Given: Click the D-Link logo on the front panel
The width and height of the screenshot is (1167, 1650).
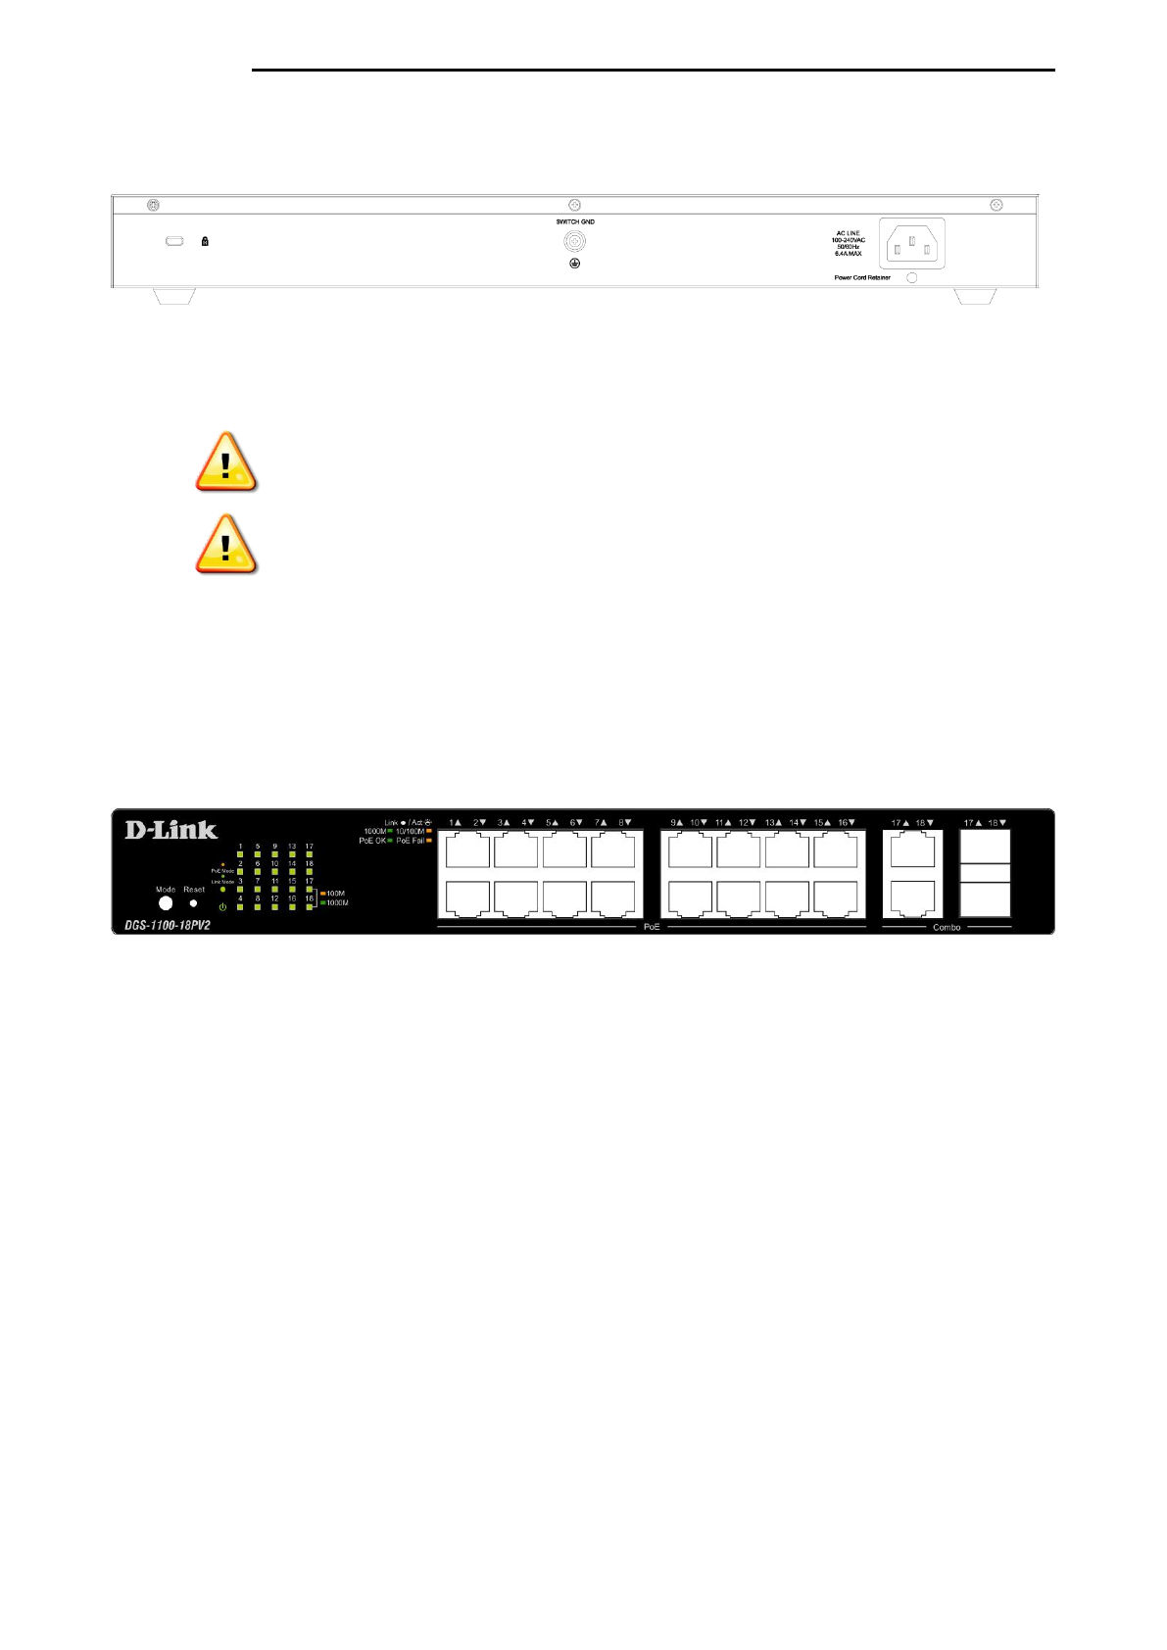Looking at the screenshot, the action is coord(171,830).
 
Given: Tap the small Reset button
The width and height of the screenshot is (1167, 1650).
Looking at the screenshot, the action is coord(193,903).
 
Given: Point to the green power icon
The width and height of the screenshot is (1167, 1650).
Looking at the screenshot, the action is coord(222,907).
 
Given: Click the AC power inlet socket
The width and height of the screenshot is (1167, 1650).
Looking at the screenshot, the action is coord(911,243).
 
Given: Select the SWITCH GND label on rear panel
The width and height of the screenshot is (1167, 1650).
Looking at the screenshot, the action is coord(575,222).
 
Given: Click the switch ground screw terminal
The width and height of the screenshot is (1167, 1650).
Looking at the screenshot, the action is coord(575,241).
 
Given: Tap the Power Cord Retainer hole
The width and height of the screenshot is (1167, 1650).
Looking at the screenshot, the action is coord(911,278).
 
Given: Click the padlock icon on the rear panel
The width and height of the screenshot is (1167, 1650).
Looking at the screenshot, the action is coord(205,241).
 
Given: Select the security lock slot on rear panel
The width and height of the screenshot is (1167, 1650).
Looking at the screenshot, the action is coord(174,241).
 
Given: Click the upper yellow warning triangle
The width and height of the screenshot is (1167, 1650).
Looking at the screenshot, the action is coord(225,462).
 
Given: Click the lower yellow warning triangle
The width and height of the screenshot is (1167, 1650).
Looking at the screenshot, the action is coord(225,545).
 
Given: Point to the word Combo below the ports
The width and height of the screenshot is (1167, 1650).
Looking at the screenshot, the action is coord(947,927).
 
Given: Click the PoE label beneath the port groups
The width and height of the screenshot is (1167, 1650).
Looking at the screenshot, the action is coord(652,927).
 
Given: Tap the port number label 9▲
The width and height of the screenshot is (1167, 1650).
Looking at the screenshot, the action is coord(676,823).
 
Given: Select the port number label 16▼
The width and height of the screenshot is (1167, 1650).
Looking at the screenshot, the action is coord(847,823).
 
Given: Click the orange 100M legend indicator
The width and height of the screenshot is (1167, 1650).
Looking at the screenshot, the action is coord(323,894).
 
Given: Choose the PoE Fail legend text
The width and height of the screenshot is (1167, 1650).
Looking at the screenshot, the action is coord(411,841).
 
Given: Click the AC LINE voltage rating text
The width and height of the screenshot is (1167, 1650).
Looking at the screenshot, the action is coord(849,243).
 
